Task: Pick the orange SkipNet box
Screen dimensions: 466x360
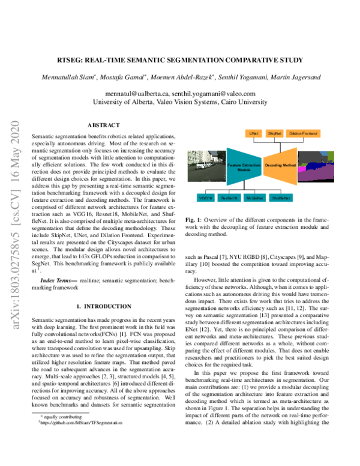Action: point(274,132)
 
